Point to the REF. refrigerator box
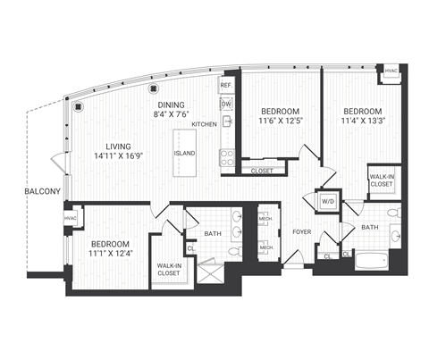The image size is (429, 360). coord(226,86)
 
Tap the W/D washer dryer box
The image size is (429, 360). coord(327,200)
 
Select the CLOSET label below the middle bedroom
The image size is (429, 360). coord(262,170)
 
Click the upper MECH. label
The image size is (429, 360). coord(265,219)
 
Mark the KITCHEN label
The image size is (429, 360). coord(205,124)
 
